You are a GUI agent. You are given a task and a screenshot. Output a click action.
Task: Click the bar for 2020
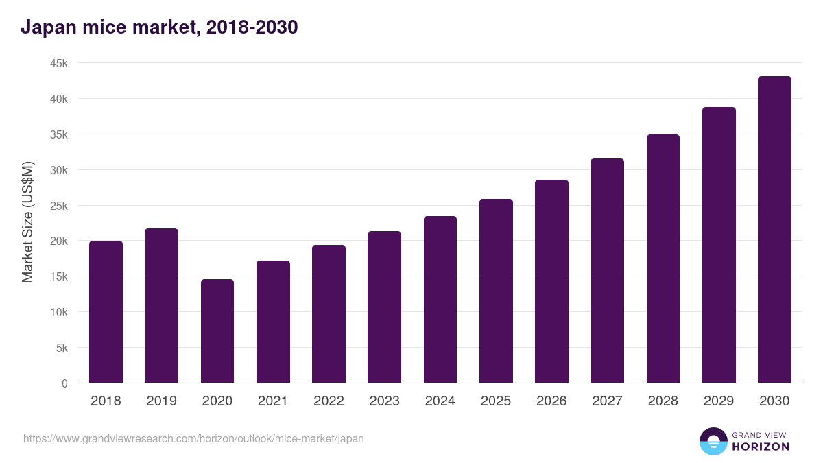217,331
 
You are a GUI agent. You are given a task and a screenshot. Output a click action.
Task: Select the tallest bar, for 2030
774,230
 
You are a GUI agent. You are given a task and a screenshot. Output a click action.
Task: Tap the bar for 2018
106,312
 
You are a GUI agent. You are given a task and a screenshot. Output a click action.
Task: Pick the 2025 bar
496,291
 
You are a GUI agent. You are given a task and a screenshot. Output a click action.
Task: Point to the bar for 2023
384,307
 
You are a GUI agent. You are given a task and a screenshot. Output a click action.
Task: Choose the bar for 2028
663,259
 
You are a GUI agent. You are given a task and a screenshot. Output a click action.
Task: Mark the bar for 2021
273,322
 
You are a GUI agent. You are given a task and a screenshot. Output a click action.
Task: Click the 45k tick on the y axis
58,63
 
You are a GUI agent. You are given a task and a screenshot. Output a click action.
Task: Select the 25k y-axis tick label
58,206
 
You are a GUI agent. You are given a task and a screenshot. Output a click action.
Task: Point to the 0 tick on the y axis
64,383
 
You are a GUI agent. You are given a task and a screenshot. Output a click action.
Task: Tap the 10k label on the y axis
58,312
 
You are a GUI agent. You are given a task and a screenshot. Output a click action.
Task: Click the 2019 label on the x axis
161,401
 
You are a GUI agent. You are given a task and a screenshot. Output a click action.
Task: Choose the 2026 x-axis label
551,401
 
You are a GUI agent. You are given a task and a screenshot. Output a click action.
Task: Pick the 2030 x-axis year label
774,401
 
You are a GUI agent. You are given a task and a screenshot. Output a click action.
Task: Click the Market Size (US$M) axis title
27,222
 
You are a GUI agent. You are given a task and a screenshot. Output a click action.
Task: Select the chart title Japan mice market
159,27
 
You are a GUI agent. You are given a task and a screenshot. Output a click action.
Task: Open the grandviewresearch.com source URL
193,438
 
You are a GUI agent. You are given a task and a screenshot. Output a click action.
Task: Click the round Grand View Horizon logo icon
713,442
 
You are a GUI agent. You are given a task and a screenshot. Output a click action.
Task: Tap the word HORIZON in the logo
761,447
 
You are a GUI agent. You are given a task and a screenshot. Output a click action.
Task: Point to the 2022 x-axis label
329,401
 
